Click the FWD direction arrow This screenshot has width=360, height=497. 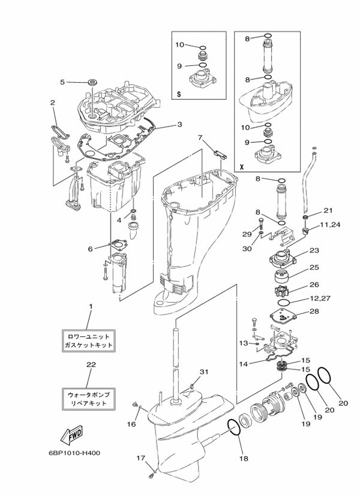pyautogui.click(x=71, y=435)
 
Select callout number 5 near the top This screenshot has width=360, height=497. pyautogui.click(x=62, y=82)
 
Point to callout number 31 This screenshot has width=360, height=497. pyautogui.click(x=203, y=372)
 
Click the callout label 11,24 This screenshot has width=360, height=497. pyautogui.click(x=329, y=225)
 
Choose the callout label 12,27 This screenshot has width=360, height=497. pyautogui.click(x=329, y=298)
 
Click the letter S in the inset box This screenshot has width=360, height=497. pyautogui.click(x=179, y=94)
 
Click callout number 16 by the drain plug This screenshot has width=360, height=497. pyautogui.click(x=132, y=424)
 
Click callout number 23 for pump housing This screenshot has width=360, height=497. pyautogui.click(x=314, y=251)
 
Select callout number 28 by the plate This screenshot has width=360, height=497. pyautogui.click(x=314, y=311)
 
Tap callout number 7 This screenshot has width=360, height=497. pyautogui.click(x=200, y=137)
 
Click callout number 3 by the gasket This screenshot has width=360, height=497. pyautogui.click(x=179, y=125)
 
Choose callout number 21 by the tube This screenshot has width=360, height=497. pyautogui.click(x=328, y=210)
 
